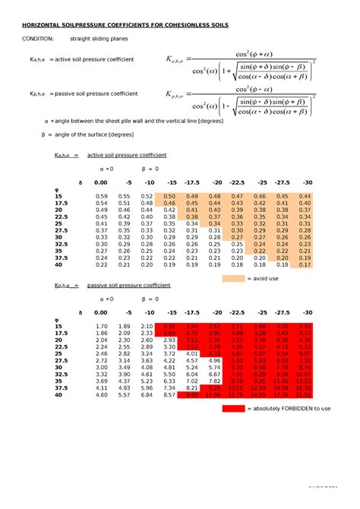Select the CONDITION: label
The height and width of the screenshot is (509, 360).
[37, 38]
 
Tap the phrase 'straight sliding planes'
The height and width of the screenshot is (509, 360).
[99, 38]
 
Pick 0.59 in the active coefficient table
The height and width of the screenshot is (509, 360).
[101, 196]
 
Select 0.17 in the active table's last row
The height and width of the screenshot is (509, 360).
[305, 264]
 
